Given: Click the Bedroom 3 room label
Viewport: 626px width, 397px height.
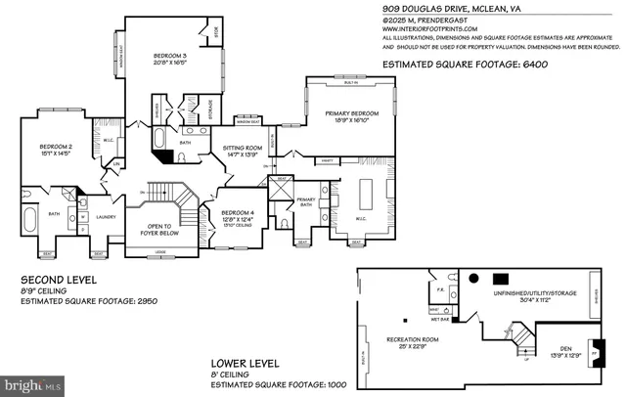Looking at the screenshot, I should [x=169, y=58].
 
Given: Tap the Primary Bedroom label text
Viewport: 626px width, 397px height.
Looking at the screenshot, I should [x=351, y=112].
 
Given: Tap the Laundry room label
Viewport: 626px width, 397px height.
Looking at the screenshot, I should [x=107, y=217].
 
